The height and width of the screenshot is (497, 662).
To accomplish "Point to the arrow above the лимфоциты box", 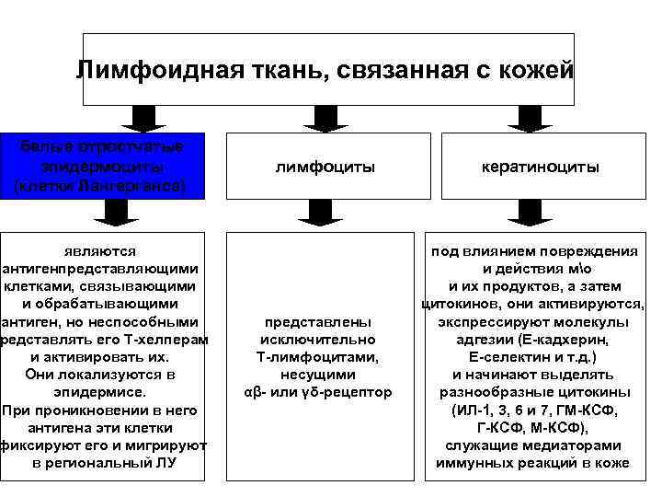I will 326,118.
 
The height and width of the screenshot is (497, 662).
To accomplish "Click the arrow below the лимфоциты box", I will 326,214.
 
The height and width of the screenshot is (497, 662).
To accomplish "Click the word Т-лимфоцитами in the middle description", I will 317,357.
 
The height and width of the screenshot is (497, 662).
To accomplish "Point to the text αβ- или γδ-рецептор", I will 317,392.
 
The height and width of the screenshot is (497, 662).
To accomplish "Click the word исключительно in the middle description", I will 317,340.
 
